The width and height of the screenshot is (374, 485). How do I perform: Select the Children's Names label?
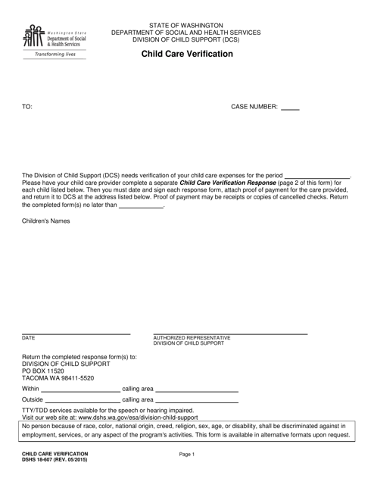(x=45, y=221)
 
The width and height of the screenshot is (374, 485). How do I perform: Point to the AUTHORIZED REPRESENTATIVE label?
(x=192, y=337)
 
